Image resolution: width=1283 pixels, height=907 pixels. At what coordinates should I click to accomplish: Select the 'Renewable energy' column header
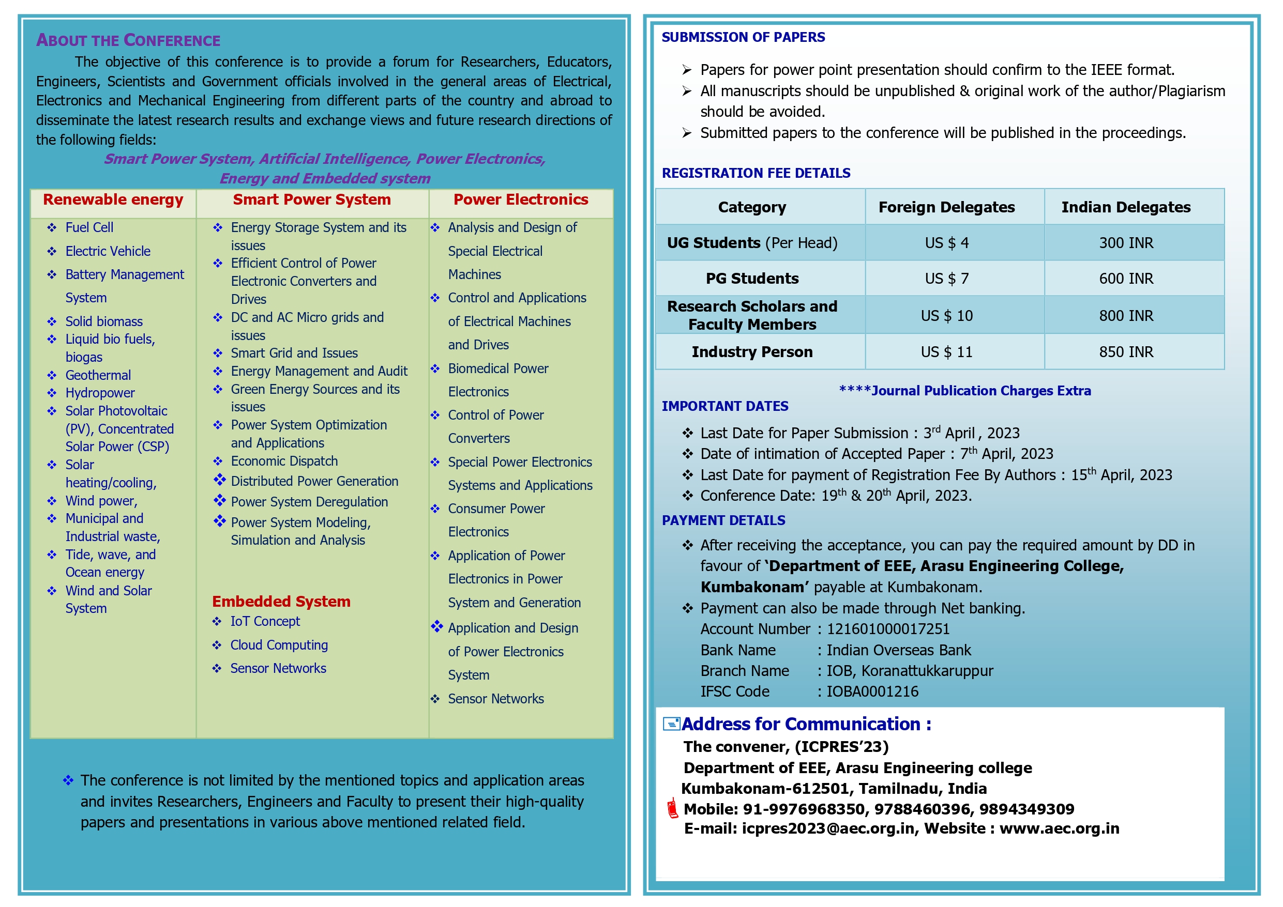113,200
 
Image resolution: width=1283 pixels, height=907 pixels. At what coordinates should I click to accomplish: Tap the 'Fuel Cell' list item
89,228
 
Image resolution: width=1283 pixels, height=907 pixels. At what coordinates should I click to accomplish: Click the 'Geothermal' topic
98,375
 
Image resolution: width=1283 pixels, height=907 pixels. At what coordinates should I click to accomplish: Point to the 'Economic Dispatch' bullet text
284,462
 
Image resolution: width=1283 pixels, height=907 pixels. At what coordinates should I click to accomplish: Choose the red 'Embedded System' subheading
281,602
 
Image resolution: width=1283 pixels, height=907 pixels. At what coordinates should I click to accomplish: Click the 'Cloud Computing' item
279,645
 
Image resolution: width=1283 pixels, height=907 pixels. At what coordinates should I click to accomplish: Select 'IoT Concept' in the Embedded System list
265,622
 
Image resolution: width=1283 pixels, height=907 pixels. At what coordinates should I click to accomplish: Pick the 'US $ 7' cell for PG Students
946,279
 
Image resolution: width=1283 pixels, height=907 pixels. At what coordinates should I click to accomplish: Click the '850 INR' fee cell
1125,352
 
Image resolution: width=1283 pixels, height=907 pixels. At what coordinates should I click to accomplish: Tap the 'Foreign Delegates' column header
946,207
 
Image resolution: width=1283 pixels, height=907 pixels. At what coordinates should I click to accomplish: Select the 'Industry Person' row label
751,352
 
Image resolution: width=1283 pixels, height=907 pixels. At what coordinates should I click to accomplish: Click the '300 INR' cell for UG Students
1125,243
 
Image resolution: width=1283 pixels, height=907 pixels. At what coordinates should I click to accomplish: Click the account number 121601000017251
888,629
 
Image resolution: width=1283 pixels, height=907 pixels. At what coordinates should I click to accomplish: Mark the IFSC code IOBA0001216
872,692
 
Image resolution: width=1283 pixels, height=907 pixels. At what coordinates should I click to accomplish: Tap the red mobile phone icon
672,809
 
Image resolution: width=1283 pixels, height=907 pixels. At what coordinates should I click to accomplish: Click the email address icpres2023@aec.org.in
828,829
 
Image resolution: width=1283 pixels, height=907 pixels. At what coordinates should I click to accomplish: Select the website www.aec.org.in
1059,829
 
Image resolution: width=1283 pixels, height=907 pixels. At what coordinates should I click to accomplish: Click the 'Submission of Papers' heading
743,37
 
